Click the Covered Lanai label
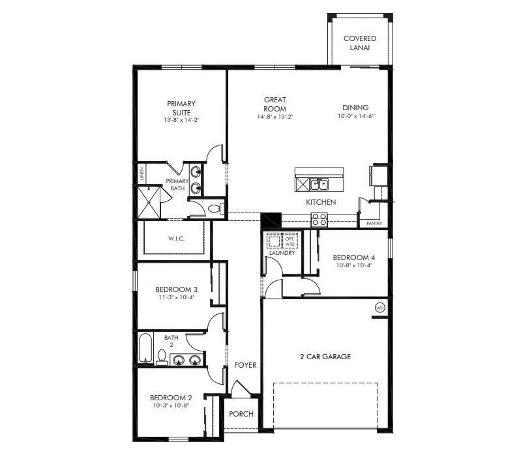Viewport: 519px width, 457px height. tap(359, 43)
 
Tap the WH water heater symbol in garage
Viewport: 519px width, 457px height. tap(379, 308)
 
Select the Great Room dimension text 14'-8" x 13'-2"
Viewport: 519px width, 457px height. tap(274, 117)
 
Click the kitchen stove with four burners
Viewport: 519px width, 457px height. tap(319, 220)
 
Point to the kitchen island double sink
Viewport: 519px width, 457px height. tap(319, 184)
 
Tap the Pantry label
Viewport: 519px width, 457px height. tap(374, 224)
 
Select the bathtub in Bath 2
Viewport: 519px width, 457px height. tap(145, 347)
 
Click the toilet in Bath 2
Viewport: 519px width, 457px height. tap(161, 357)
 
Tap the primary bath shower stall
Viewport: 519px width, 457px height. tap(147, 202)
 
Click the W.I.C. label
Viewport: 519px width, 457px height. tap(176, 239)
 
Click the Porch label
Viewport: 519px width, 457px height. tap(241, 414)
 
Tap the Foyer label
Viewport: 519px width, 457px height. tap(245, 365)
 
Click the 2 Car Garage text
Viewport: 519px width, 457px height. tap(325, 357)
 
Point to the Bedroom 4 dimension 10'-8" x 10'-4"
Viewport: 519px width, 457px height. tap(353, 265)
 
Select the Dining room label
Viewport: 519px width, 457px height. tap(355, 108)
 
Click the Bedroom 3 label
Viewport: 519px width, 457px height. tap(176, 289)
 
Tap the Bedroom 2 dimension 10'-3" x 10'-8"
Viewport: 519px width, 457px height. tap(171, 405)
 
